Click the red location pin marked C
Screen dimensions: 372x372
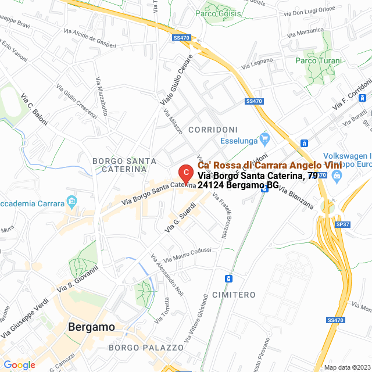coord(185,173)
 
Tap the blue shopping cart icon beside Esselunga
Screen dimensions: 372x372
coord(265,138)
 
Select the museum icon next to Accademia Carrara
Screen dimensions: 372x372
coord(72,202)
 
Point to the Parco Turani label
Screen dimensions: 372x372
coord(318,60)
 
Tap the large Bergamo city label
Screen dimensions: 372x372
coord(91,327)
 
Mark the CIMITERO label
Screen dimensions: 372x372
coord(234,295)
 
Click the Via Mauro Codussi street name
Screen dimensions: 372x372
coord(187,254)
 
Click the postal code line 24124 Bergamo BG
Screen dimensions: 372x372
coord(238,186)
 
